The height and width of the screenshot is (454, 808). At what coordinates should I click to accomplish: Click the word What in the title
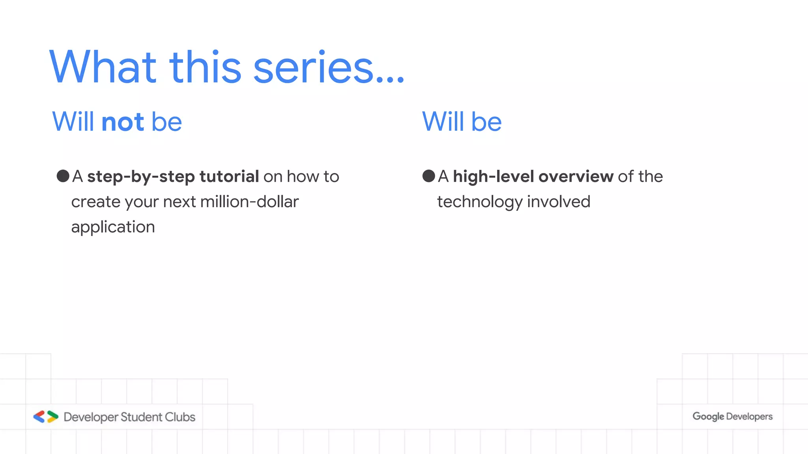[x=103, y=67]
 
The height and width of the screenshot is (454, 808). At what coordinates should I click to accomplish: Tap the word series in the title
[x=314, y=68]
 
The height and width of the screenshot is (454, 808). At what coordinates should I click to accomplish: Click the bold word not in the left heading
[x=123, y=122]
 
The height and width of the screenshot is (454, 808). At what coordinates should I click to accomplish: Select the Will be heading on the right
[x=462, y=122]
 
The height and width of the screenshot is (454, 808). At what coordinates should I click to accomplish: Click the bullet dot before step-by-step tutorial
[x=63, y=176]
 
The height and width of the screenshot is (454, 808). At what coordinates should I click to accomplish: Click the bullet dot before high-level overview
[x=429, y=176]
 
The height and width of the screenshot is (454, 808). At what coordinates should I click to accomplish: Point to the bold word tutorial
[x=229, y=176]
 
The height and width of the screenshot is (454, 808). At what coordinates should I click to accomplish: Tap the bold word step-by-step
[x=141, y=177]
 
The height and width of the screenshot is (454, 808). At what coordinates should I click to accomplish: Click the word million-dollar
[x=249, y=202]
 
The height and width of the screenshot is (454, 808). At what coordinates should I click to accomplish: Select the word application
[x=113, y=227]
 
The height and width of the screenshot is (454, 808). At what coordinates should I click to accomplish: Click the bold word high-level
[x=493, y=177]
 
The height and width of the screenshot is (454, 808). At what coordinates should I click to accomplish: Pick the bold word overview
[x=576, y=177]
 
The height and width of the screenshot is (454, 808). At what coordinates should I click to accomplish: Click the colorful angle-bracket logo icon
[x=46, y=417]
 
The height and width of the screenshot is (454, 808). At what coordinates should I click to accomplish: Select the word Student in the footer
[x=141, y=417]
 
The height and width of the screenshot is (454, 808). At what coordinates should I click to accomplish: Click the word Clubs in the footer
[x=180, y=417]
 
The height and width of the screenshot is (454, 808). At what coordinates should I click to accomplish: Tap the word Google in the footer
[x=708, y=417]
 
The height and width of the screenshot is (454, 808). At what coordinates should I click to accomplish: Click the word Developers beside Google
[x=749, y=417]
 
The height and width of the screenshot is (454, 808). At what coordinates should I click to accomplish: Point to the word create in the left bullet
[x=96, y=202]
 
